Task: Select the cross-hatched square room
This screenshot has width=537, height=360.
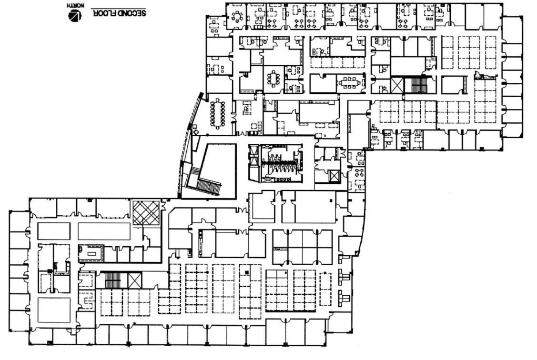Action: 146,212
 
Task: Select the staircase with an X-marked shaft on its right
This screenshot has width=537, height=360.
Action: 113,280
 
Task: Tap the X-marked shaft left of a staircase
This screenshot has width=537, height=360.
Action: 397,86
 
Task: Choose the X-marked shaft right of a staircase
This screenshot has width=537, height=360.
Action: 135,280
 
